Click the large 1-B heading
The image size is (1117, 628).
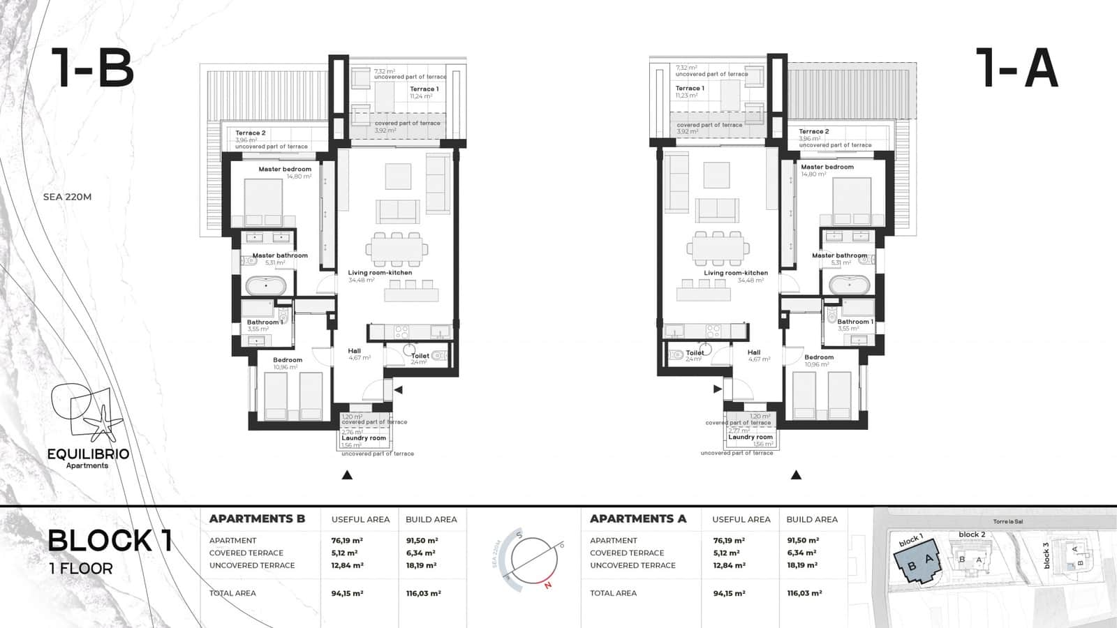point(92,68)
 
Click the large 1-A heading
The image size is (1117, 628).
point(1019,68)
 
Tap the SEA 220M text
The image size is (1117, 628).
point(67,197)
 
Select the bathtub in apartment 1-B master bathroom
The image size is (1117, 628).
point(265,286)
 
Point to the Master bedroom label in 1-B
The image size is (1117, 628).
point(285,170)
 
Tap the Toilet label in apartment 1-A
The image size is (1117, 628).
point(695,353)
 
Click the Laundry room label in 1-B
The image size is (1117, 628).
point(364,438)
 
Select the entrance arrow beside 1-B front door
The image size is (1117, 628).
point(398,390)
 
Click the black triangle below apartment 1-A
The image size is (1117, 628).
point(796,475)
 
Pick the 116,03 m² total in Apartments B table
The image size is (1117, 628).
point(422,593)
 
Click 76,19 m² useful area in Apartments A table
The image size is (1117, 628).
point(729,540)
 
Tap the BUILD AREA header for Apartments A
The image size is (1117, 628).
point(812,519)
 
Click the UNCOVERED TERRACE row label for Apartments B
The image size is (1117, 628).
point(252,565)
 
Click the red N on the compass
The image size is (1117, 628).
point(548,585)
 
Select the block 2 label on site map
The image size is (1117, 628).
point(972,534)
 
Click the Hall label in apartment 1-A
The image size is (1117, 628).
point(754,352)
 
